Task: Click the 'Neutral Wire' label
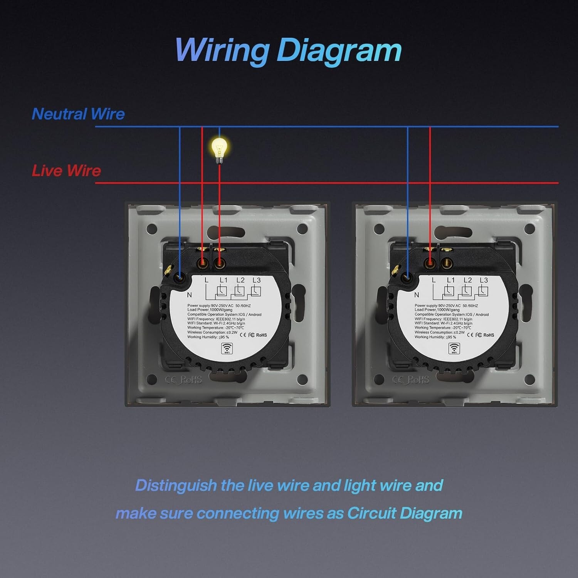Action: [78, 114]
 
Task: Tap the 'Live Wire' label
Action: [66, 171]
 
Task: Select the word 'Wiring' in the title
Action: [222, 50]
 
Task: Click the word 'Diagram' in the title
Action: [339, 50]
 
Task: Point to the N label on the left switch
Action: [189, 295]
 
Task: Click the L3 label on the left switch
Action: [257, 280]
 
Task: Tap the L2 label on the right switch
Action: [467, 280]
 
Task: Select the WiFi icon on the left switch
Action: [226, 348]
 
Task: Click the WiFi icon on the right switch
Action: [454, 348]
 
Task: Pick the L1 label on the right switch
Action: [451, 280]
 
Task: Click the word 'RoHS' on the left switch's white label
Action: [261, 335]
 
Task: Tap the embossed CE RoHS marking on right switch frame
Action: [410, 380]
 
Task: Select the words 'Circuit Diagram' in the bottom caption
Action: [405, 513]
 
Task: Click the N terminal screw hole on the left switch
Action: [179, 276]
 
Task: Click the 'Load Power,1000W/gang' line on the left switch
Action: [210, 310]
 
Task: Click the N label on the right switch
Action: [417, 295]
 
